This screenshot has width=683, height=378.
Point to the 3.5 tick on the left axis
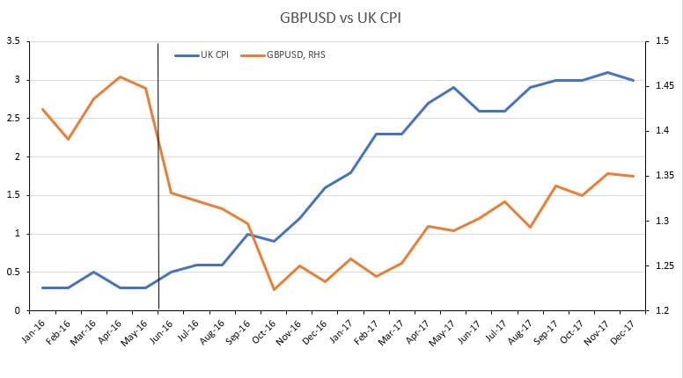click(12, 41)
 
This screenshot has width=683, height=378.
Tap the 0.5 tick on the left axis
click(12, 272)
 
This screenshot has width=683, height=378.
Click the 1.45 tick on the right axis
click(663, 86)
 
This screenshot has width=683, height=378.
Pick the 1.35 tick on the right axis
click(663, 176)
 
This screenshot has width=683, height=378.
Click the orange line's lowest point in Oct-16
click(275, 289)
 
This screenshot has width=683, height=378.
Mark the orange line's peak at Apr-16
click(120, 77)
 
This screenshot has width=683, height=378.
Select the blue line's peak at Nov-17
click(607, 72)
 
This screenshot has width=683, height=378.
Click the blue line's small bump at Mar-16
click(94, 272)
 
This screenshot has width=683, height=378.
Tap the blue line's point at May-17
click(453, 88)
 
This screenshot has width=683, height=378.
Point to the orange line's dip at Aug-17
click(530, 227)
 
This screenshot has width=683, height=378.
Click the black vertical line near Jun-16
click(158, 176)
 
